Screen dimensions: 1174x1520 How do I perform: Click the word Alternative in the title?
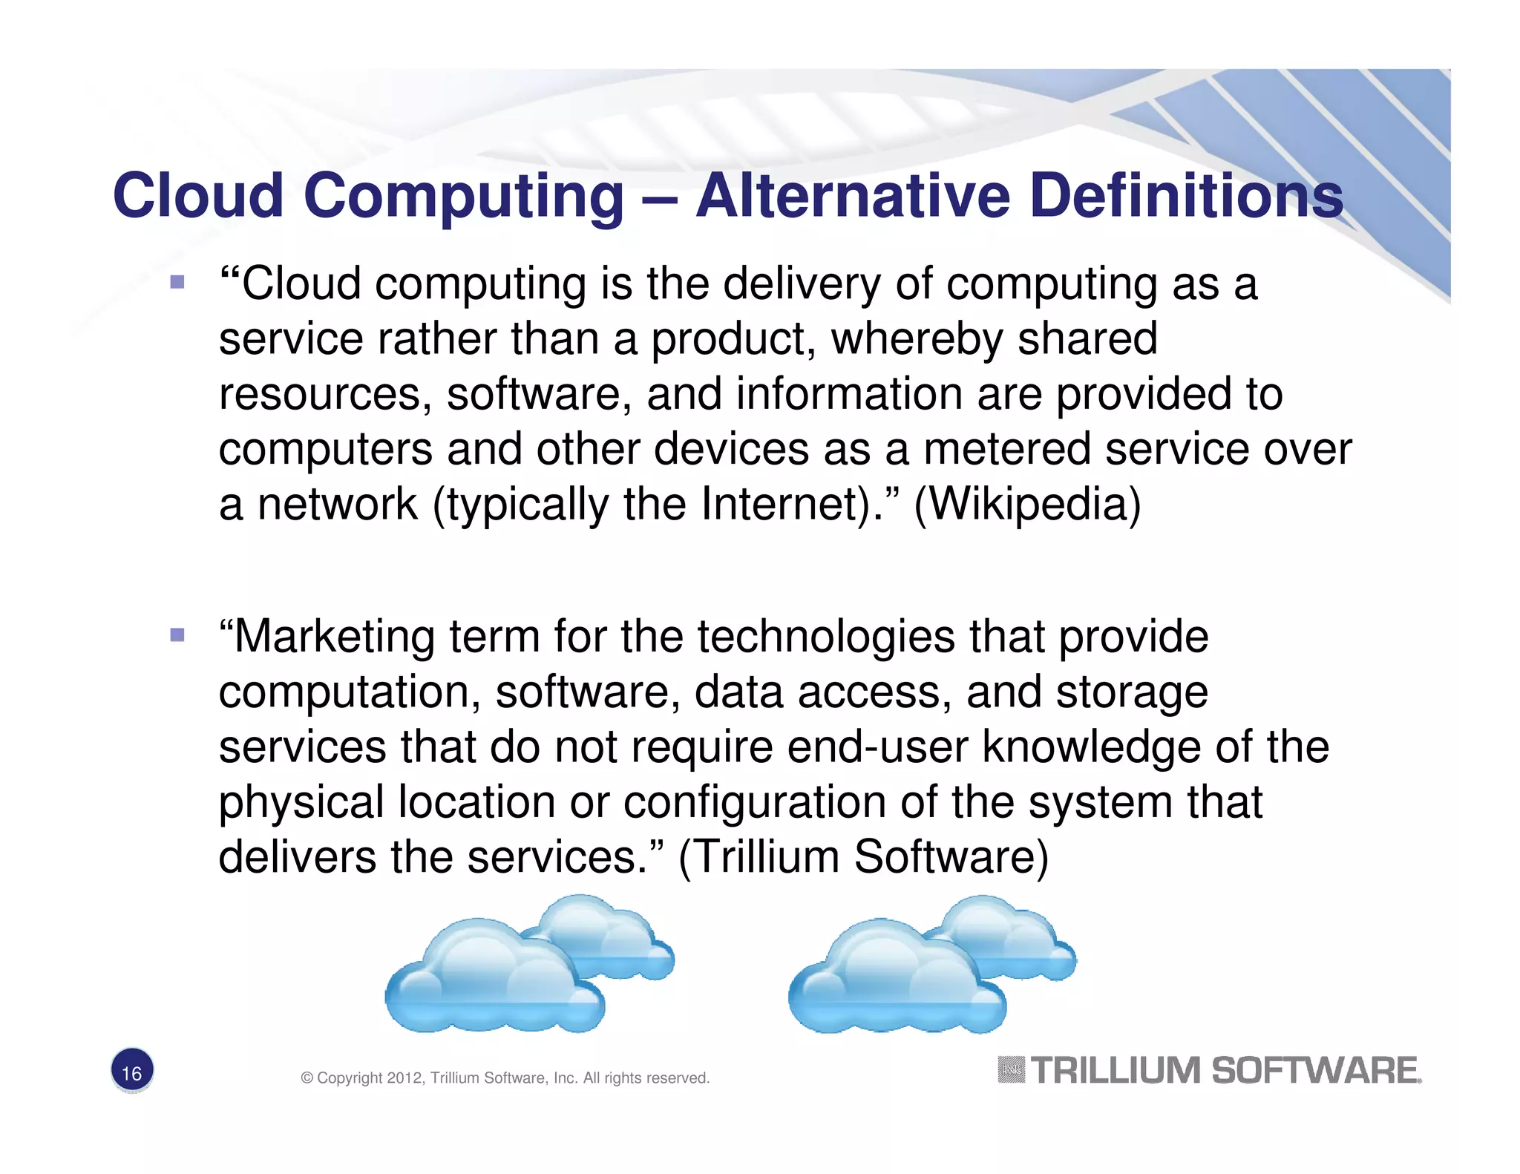852,195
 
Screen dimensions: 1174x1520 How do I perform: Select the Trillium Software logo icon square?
1011,1069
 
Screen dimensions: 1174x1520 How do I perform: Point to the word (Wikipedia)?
1027,505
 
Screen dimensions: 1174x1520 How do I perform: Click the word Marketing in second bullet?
335,637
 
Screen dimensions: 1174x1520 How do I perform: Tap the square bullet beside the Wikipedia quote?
177,282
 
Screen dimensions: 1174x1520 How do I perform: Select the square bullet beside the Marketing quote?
177,634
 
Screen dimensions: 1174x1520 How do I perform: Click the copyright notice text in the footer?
505,1078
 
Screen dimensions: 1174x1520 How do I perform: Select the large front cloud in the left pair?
494,980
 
